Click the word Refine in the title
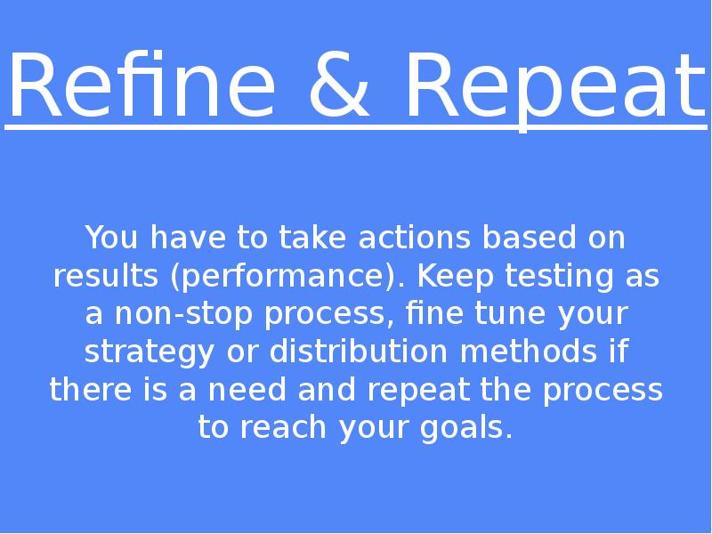tap(142, 85)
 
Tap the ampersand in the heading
tap(339, 85)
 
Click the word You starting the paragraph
tap(111, 237)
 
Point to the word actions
tap(414, 237)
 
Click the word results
tap(106, 275)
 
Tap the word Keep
tap(456, 277)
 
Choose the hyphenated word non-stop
tap(183, 314)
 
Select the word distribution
tap(359, 351)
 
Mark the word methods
tap(529, 351)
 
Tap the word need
tap(247, 389)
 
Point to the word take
tap(313, 237)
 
